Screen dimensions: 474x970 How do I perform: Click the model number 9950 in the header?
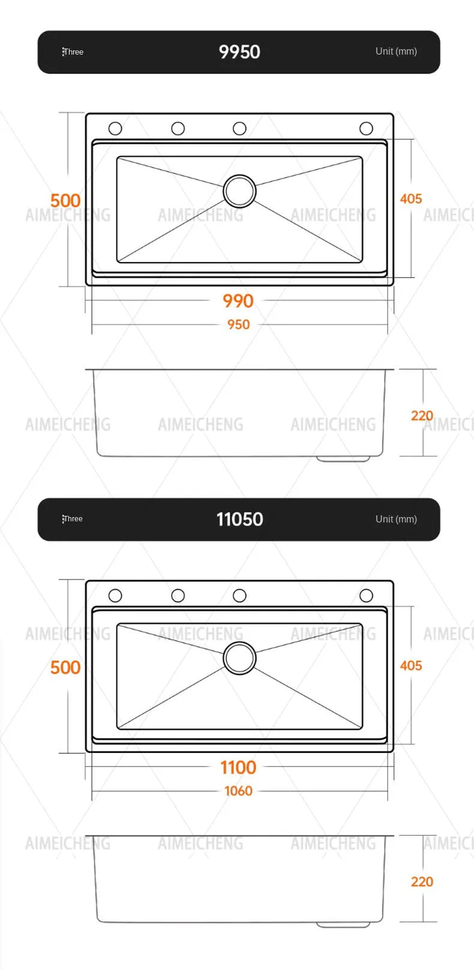239,52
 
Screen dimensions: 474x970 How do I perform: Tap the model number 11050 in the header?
239,519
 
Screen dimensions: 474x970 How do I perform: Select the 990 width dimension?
238,301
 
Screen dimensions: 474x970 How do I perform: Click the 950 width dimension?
238,325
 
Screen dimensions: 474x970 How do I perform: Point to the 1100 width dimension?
238,767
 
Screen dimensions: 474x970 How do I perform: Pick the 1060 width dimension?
238,791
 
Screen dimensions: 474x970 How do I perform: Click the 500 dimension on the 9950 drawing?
65,200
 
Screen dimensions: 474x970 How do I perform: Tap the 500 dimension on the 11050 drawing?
65,667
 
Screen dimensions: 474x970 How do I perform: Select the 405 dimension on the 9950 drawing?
411,199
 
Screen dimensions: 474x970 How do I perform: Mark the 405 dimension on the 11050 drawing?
411,666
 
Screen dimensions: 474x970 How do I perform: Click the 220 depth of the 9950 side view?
422,416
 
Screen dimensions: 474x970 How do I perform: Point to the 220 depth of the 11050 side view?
422,882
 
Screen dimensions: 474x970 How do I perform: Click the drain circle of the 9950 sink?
239,191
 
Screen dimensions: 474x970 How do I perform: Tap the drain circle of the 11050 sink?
239,658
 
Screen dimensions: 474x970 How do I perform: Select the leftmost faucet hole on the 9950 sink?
115,128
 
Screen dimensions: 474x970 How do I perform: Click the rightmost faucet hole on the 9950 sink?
366,128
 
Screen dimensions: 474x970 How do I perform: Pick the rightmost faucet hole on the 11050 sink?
366,596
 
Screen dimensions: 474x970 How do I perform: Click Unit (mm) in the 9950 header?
396,52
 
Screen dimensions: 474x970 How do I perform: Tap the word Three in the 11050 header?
73,519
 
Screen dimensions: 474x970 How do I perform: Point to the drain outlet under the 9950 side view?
343,458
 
